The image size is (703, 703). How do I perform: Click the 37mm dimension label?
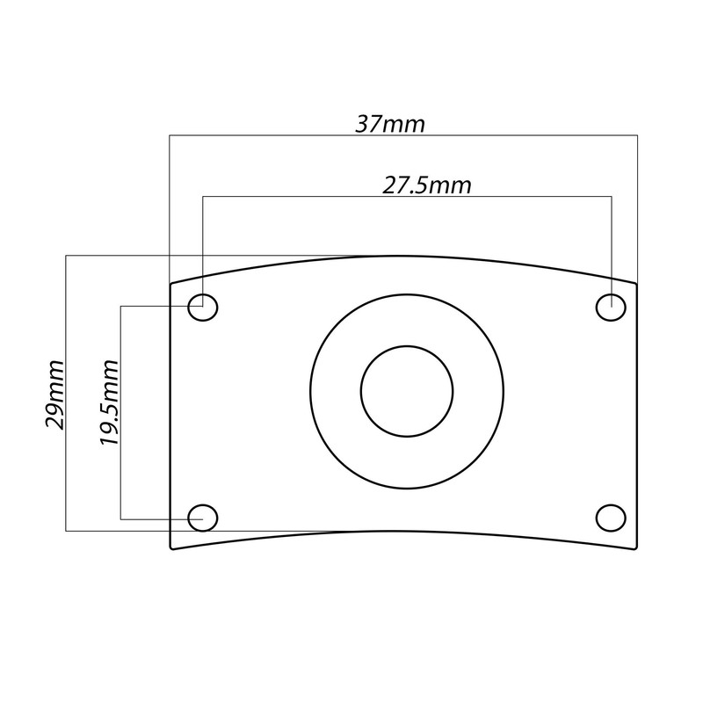[390, 124]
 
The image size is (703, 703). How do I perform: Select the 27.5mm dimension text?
[427, 185]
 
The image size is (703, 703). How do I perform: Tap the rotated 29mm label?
[55, 393]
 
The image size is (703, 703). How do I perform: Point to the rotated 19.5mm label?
[109, 402]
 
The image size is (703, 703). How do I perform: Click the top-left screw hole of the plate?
[203, 308]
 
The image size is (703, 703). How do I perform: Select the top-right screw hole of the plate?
[611, 308]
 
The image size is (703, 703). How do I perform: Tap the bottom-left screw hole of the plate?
[203, 518]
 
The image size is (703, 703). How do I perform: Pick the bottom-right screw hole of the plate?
[611, 518]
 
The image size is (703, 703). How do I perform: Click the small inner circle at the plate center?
[407, 389]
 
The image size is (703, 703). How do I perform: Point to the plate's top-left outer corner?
[170, 283]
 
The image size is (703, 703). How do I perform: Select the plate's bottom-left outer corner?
[170, 547]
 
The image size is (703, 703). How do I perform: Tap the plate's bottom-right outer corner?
[636, 547]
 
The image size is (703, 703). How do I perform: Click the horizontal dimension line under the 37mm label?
[492, 135]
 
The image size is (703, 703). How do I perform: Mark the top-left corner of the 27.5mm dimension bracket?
[203, 197]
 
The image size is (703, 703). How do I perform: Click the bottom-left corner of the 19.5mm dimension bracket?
[120, 519]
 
